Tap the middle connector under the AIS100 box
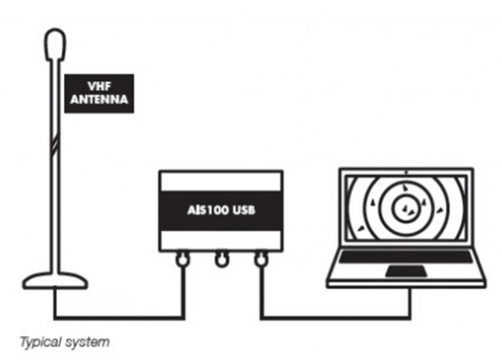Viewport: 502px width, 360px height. pos(221,258)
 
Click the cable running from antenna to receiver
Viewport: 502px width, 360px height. pos(117,317)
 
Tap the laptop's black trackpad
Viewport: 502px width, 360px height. pos(408,271)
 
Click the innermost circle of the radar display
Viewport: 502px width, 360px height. pos(407,208)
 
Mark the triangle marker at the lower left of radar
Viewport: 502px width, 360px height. pos(361,227)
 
